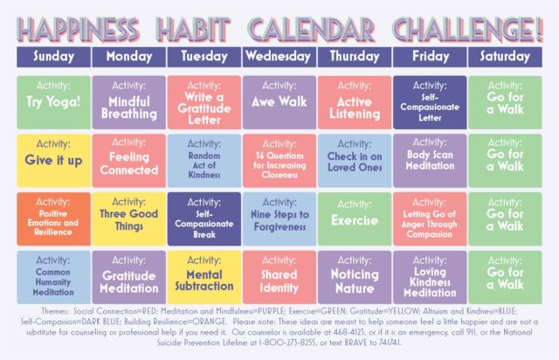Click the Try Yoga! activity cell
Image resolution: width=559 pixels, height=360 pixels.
pos(53,101)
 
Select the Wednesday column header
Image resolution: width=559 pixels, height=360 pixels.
pos(279,56)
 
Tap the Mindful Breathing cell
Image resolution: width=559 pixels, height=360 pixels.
pos(129,101)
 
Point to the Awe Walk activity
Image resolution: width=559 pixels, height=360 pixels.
pos(279,101)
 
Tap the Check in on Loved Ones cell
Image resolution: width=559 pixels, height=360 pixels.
pos(354,159)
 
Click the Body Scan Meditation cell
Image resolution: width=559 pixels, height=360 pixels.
pos(429,159)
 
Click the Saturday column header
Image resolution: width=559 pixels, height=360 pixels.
pos(504,56)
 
